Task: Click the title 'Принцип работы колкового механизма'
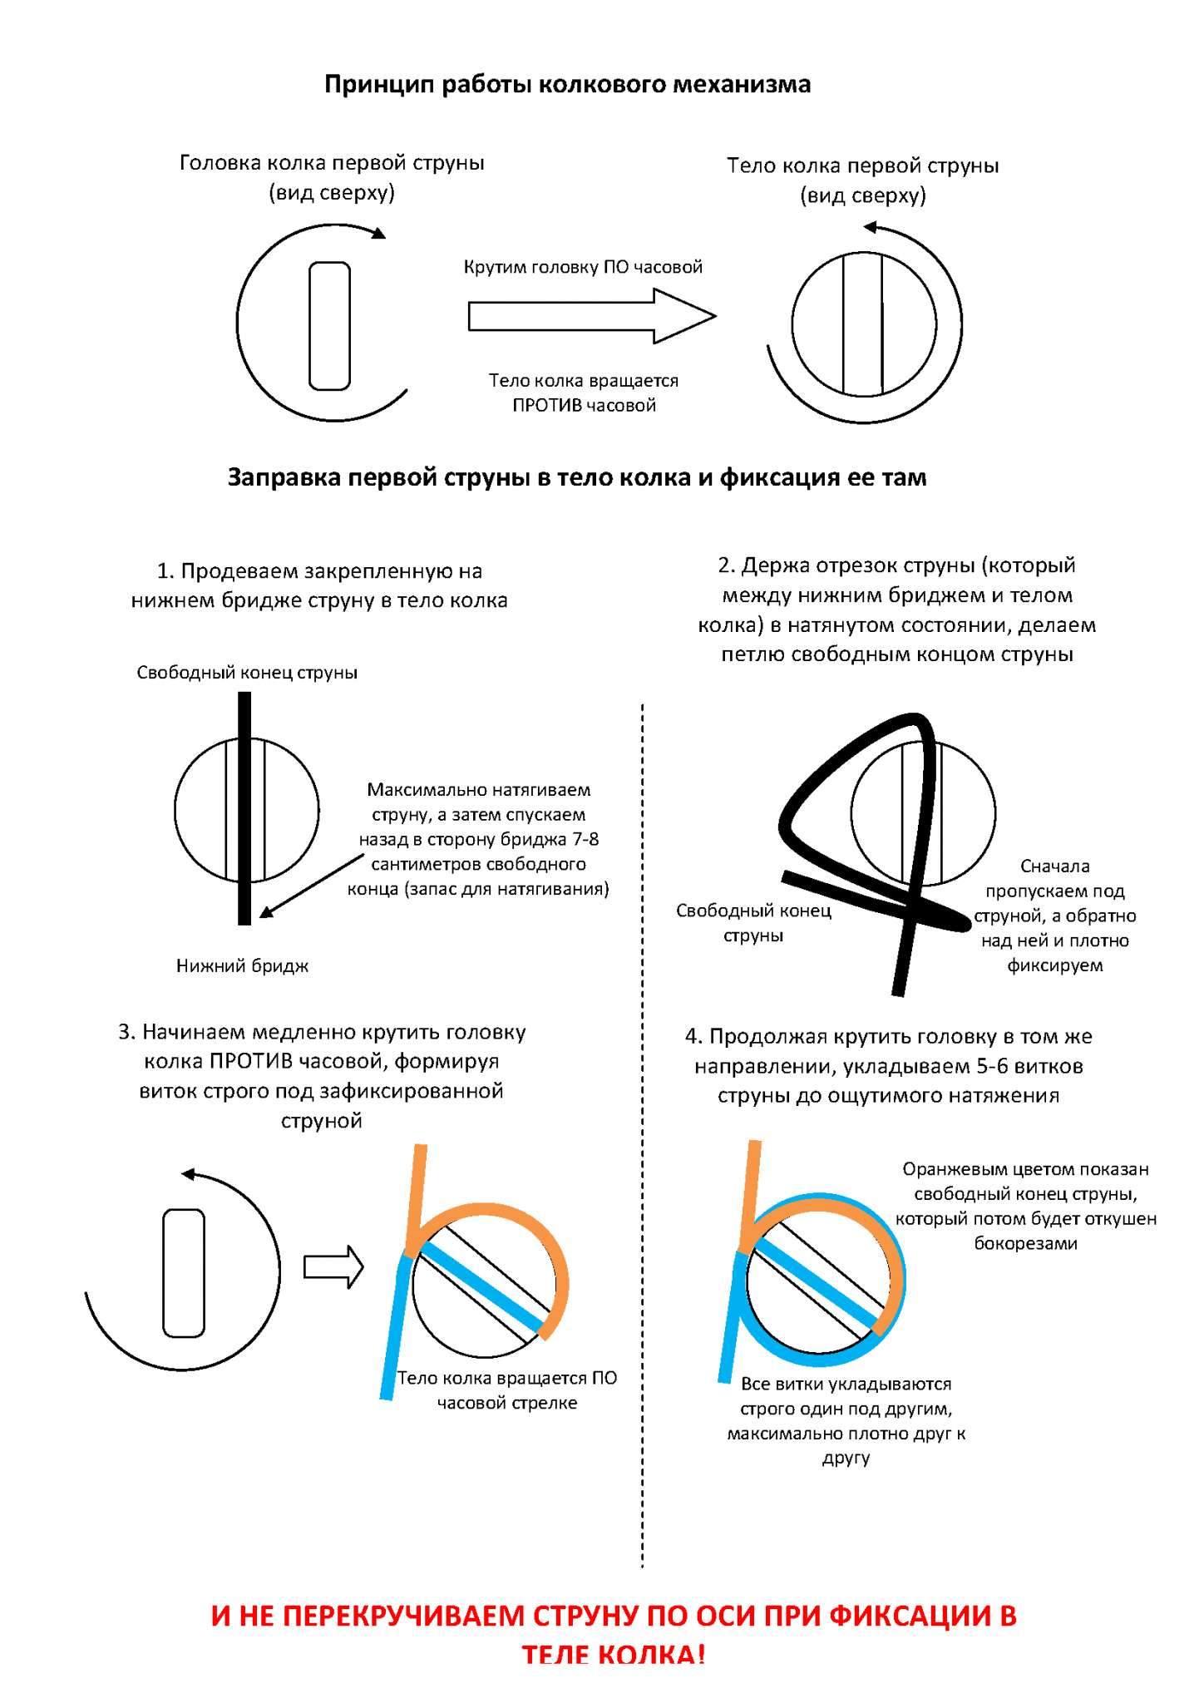coord(567,84)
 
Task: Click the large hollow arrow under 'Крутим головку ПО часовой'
coord(592,316)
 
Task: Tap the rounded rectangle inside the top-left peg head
coord(330,326)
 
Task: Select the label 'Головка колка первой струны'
coord(332,163)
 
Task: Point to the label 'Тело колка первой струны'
coord(863,165)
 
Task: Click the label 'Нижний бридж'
coord(242,965)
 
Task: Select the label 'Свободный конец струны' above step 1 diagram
coord(248,673)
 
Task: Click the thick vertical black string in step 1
coord(244,807)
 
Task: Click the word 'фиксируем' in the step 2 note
coord(1055,965)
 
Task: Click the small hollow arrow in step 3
coord(333,1266)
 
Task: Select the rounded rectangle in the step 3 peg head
coord(184,1273)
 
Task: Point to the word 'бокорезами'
coord(1026,1244)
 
